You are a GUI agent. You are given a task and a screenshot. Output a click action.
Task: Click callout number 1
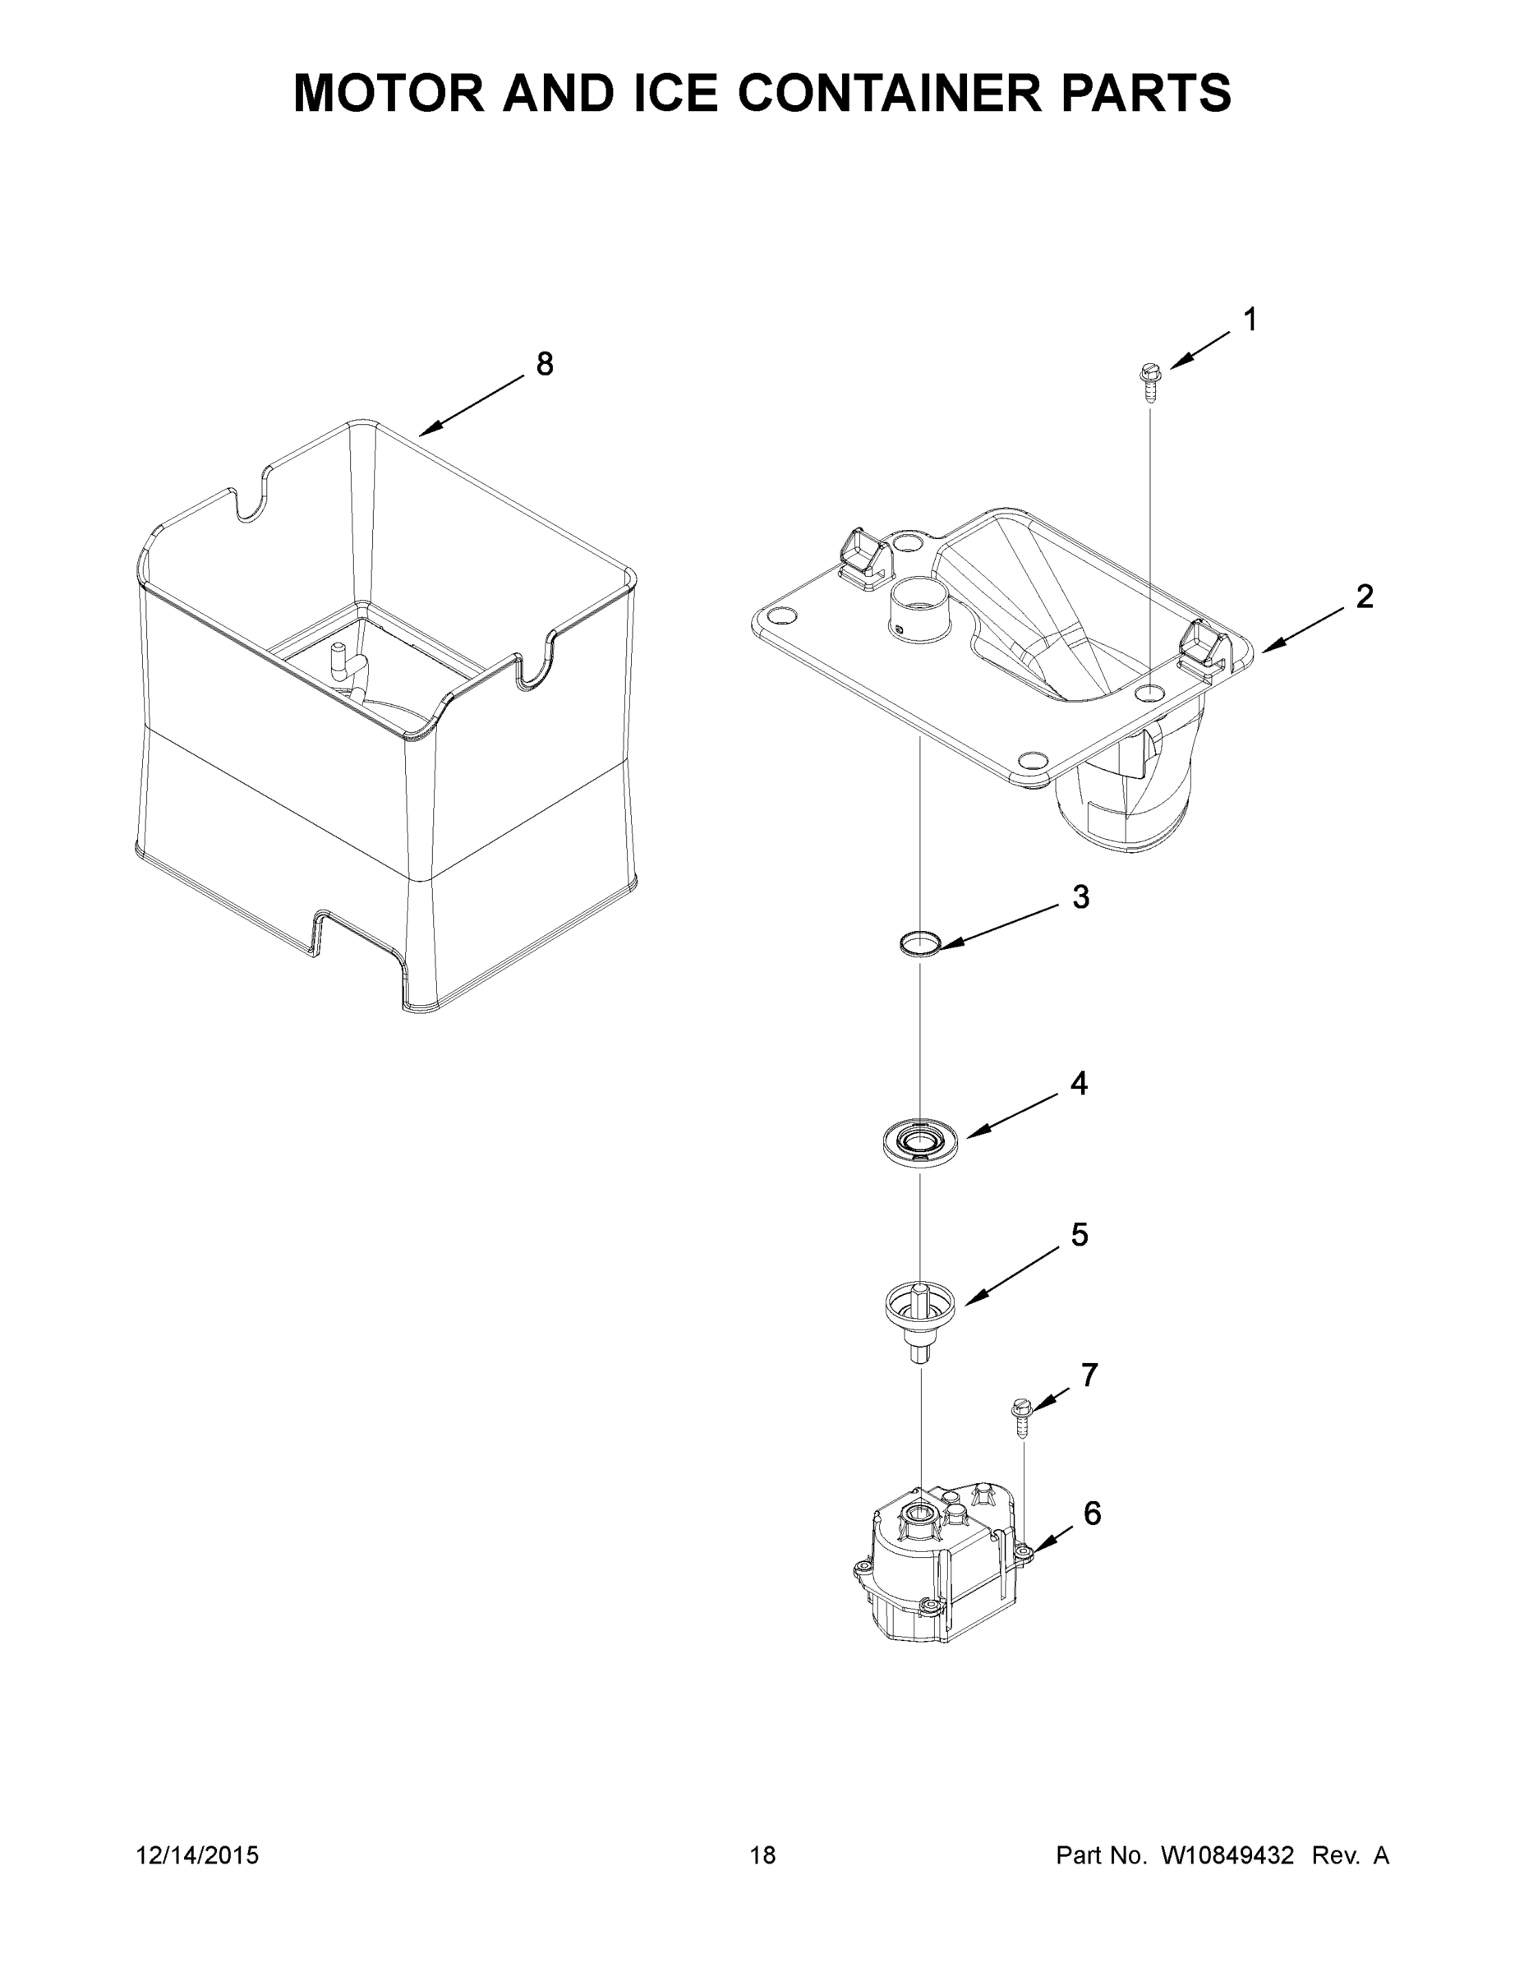point(1250,320)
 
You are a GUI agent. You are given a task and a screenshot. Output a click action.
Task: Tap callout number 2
point(1364,596)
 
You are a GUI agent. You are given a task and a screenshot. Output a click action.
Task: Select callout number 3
point(1080,896)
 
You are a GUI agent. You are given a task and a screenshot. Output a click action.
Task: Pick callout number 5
point(1080,1234)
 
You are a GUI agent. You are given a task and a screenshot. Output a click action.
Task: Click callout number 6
point(1093,1514)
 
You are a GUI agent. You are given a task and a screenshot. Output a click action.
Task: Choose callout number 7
point(1089,1375)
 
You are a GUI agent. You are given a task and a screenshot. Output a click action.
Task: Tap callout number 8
point(545,364)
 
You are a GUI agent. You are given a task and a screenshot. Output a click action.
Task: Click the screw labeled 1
point(1149,380)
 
